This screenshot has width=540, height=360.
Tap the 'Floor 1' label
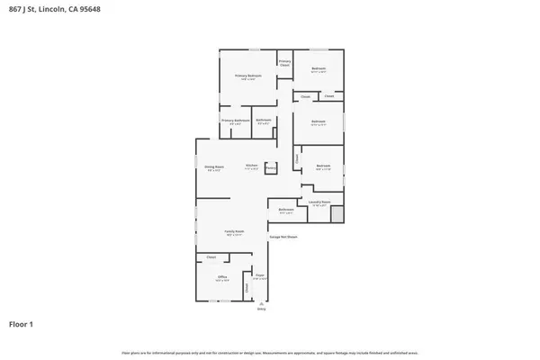[x=22, y=323]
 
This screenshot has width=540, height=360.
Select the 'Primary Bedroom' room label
[x=247, y=76]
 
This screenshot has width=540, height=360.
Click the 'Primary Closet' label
[x=284, y=63]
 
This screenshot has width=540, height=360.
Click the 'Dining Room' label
[x=213, y=167]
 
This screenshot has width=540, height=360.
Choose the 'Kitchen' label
[x=253, y=166]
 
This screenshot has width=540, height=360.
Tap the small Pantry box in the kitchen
[x=270, y=166]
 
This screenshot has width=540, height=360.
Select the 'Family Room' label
[x=234, y=231]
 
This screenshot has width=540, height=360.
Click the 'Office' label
[x=221, y=277]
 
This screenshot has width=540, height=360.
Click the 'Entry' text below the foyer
[x=262, y=309]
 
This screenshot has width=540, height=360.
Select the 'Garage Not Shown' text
[x=283, y=238]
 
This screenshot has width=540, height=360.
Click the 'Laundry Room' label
[x=319, y=202]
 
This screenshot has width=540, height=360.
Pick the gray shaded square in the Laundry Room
[x=337, y=214]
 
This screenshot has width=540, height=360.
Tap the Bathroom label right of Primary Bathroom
[x=264, y=121]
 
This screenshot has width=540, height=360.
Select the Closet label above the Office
[x=211, y=257]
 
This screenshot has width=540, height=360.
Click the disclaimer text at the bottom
[x=270, y=351]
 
